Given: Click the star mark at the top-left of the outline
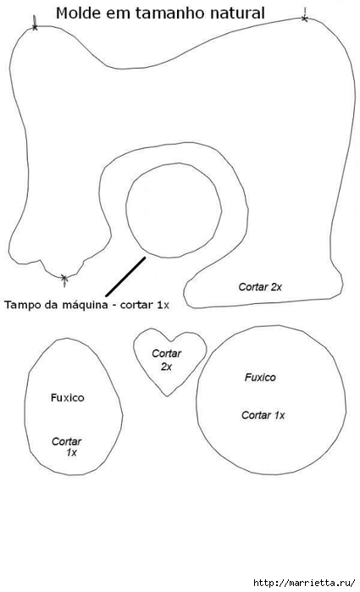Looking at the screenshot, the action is tap(35, 26).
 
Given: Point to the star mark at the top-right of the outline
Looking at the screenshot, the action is tap(305, 18).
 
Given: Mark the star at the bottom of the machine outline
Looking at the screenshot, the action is tap(64, 279).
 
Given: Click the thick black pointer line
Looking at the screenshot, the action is tap(125, 277).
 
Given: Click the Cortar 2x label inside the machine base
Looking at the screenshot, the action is tap(260, 287).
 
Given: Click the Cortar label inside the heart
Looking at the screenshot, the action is tap(167, 354).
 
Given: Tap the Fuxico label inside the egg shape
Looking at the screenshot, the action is tap(67, 397).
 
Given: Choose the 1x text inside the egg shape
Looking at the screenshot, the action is tap(71, 452).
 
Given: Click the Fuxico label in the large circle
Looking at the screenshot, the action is tap(260, 377).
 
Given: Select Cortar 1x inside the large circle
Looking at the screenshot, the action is tap(263, 415).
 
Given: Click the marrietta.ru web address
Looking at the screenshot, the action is tap(304, 582).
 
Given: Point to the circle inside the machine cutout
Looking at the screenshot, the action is tap(126, 210).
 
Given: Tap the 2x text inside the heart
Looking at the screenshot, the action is tap(166, 367).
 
